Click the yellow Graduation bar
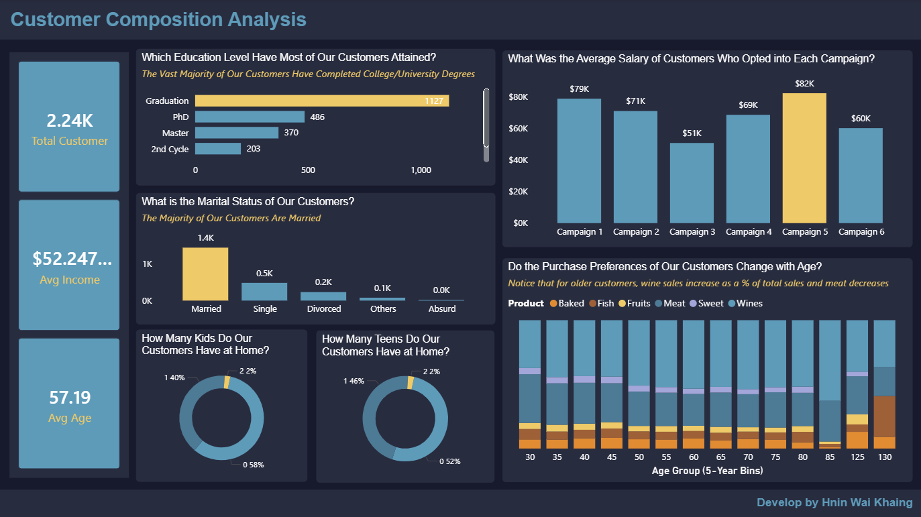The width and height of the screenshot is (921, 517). tap(322, 101)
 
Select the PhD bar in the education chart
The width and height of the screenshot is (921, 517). tap(250, 117)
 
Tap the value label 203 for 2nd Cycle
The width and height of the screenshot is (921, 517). tap(254, 149)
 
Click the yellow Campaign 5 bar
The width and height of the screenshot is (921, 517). tap(804, 158)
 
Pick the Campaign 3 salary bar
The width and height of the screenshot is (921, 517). tap(692, 182)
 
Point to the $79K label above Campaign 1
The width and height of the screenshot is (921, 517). tap(579, 89)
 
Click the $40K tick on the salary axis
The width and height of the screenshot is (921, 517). tap(519, 160)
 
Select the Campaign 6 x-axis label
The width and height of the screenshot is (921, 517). tap(861, 232)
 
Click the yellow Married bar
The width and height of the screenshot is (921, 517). tap(205, 274)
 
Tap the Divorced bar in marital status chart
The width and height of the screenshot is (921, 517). tap(323, 296)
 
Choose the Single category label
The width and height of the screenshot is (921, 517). tap(264, 309)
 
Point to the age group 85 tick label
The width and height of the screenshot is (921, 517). tap(830, 457)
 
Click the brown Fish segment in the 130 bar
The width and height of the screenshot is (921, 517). tap(884, 416)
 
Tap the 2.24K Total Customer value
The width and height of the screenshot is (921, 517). tap(69, 121)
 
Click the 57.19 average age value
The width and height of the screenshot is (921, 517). tap(69, 398)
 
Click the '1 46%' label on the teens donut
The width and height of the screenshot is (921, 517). tap(354, 381)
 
